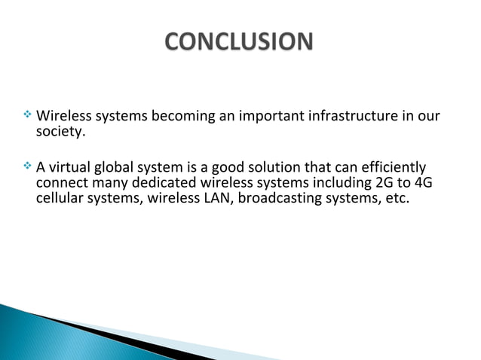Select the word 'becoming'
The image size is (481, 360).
pos(179,117)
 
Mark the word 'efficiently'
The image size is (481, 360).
pos(391,168)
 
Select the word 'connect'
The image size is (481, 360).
pos(61,185)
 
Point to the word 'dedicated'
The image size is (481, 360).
pos(154,185)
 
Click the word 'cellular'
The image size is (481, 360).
pos(62,201)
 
